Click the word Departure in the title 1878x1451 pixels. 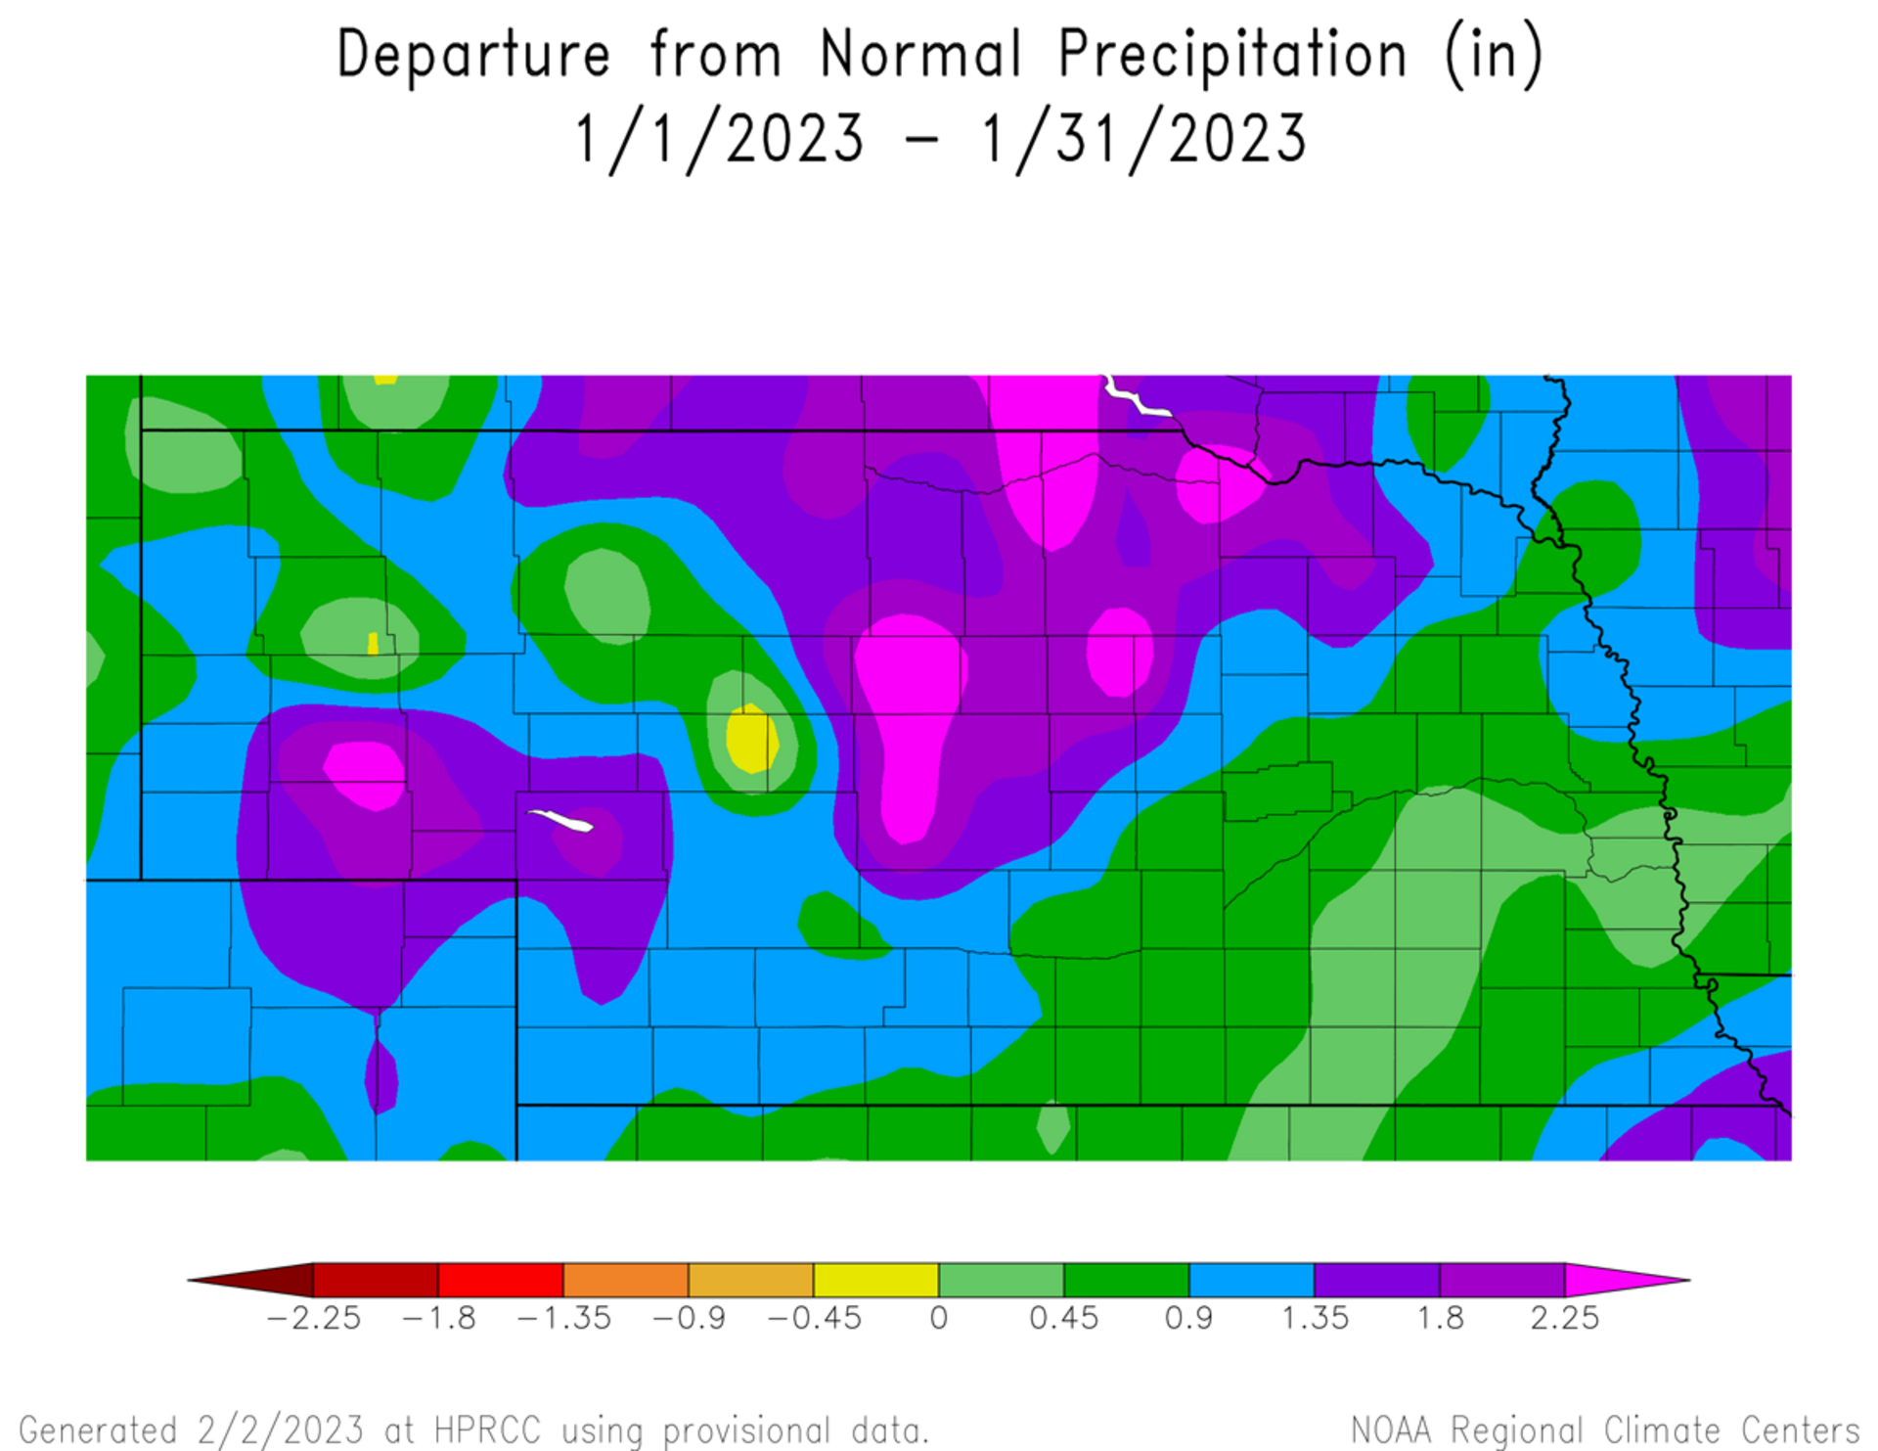473,54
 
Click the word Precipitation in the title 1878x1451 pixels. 1232,54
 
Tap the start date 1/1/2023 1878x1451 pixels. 720,139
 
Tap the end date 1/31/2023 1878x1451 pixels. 1143,139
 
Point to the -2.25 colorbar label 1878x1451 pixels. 313,1318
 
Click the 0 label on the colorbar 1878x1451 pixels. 939,1318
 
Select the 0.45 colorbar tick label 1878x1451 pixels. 1063,1318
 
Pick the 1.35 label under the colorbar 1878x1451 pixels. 1315,1318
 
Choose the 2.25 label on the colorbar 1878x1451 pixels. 1564,1318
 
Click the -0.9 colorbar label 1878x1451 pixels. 689,1318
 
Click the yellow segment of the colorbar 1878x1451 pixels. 875,1280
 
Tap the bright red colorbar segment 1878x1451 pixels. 500,1280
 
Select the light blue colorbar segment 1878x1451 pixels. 1251,1280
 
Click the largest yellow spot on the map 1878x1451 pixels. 751,739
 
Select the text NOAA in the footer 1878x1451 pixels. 1390,1430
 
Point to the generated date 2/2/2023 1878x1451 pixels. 280,1430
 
